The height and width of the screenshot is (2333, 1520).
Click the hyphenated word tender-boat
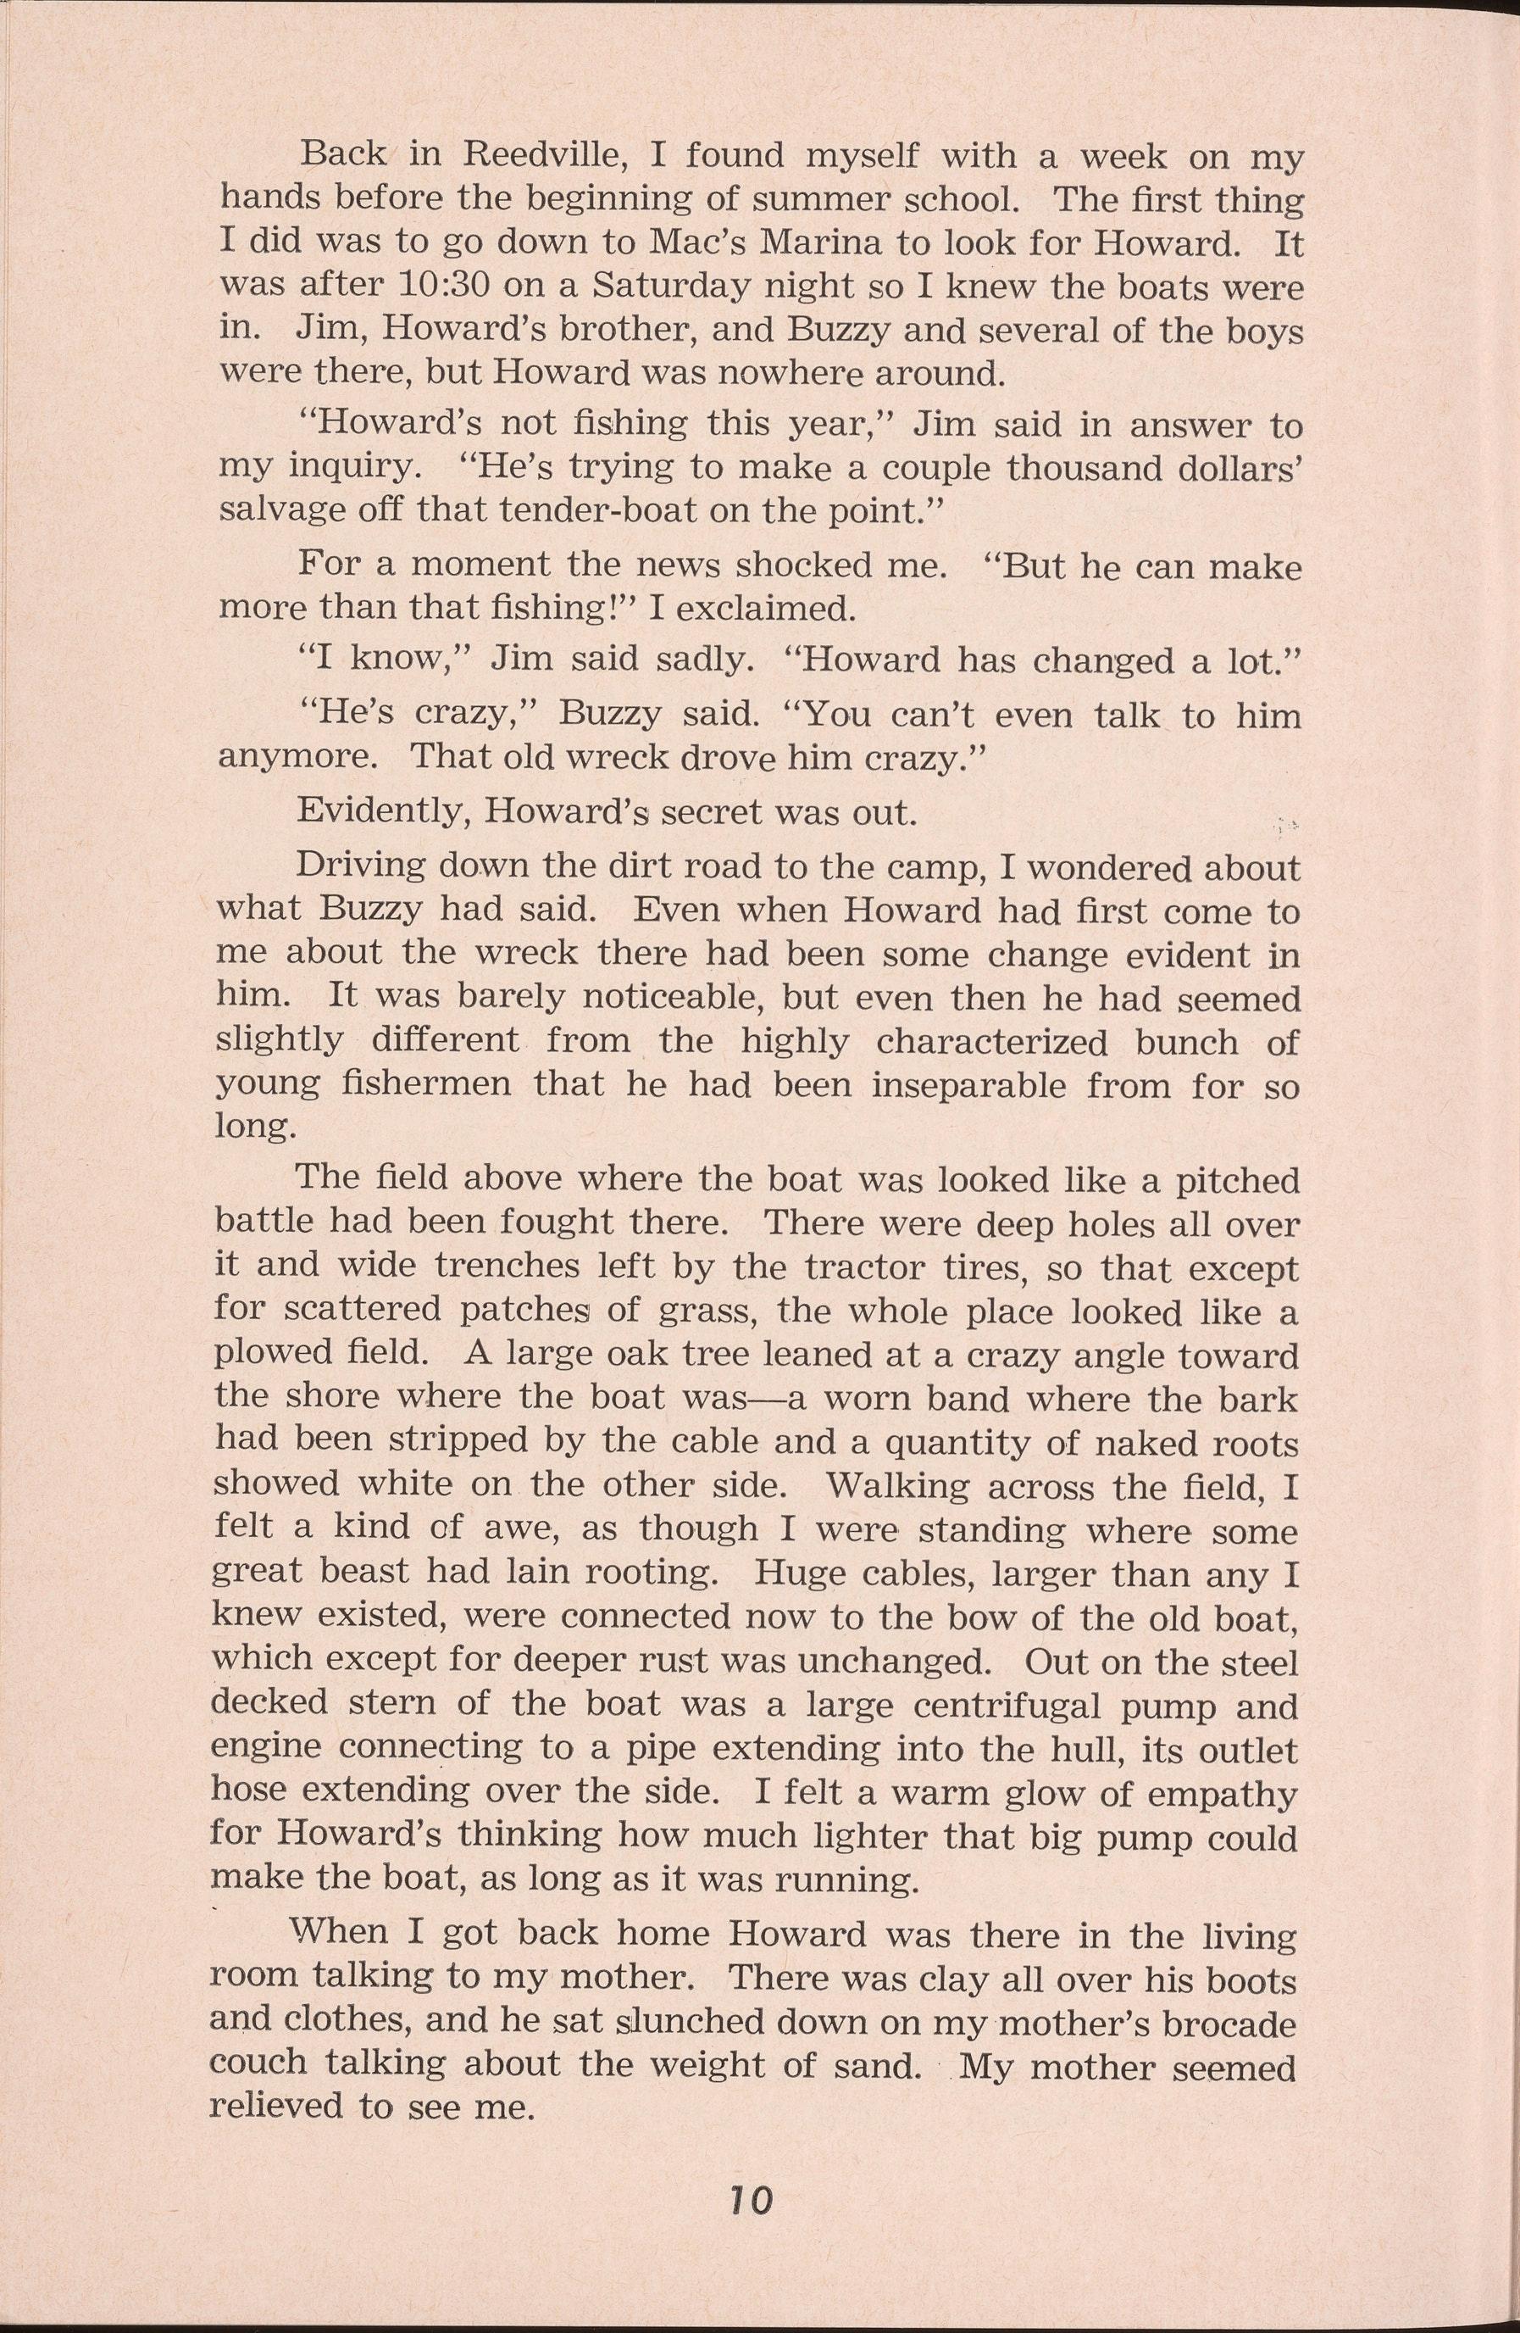[590, 509]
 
